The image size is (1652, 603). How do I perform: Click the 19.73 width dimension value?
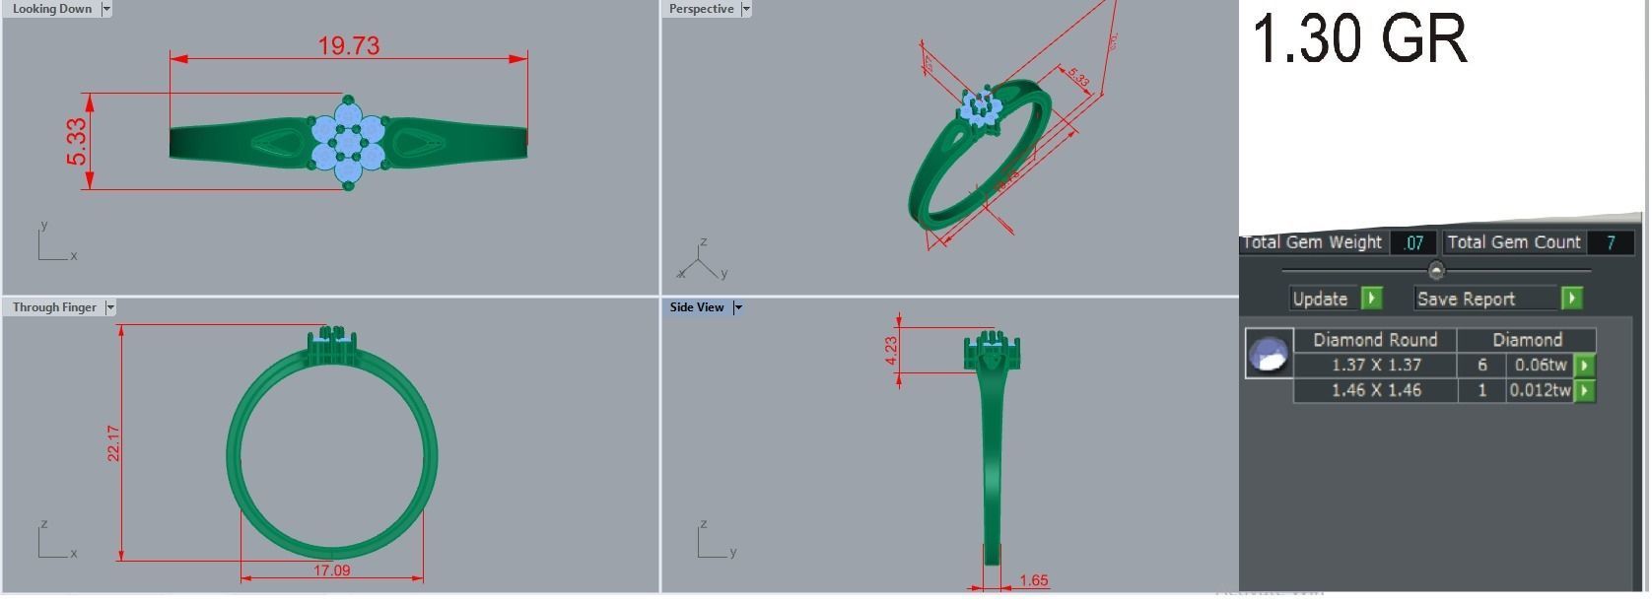pos(348,45)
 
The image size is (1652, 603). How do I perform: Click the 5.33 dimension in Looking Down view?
pos(77,143)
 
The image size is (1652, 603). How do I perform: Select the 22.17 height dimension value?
pos(114,443)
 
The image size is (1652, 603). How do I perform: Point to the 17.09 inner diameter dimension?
pos(331,570)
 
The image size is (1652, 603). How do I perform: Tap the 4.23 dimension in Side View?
pos(891,351)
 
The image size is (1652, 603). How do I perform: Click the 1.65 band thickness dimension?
pos(1033,580)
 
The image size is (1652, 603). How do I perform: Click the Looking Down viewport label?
pos(51,9)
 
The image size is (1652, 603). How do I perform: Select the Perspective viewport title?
pos(701,9)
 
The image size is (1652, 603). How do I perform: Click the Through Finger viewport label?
pos(54,307)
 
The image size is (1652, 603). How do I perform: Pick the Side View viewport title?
pos(697,307)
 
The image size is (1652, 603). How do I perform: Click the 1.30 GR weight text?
pos(1358,39)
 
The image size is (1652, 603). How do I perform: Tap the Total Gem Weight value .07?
pos(1412,242)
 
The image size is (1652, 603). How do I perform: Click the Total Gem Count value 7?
pos(1610,242)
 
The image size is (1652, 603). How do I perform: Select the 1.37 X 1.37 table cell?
pos(1375,365)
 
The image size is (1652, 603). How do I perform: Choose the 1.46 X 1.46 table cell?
pos(1375,390)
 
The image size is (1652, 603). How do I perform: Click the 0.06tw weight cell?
pos(1540,365)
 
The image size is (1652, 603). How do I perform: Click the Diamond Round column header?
pos(1375,340)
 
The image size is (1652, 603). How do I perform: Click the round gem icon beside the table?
pos(1269,353)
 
